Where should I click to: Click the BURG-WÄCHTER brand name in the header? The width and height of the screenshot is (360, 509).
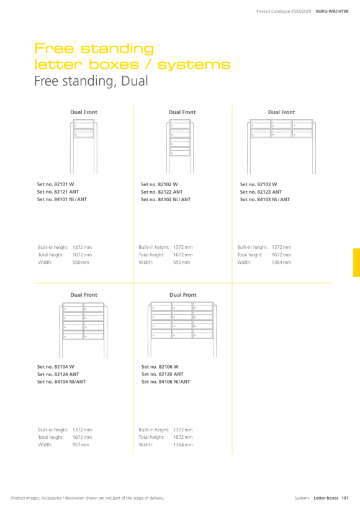click(x=332, y=11)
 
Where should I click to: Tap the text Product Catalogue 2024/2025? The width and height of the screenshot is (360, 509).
click(x=284, y=11)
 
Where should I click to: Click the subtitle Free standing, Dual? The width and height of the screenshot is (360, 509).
click(x=91, y=81)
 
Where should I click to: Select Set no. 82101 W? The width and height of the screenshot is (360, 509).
click(x=55, y=184)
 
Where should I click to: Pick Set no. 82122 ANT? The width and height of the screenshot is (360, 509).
click(x=161, y=192)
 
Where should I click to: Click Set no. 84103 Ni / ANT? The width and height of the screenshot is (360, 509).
click(x=265, y=199)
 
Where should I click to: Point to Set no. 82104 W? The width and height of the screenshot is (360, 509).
click(x=55, y=367)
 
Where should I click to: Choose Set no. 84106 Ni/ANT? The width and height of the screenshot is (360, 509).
click(x=166, y=382)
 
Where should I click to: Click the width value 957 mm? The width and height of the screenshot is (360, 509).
click(x=81, y=444)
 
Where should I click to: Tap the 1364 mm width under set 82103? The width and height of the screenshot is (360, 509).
click(x=281, y=263)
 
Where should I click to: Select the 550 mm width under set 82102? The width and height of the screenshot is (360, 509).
click(x=181, y=263)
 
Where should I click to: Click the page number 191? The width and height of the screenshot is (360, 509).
click(x=344, y=498)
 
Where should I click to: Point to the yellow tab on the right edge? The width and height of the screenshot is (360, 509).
click(x=356, y=263)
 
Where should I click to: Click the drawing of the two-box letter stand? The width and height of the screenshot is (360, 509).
click(x=84, y=146)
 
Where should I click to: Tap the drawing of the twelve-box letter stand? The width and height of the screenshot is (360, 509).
click(x=182, y=329)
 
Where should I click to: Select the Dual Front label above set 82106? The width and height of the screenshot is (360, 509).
click(x=182, y=295)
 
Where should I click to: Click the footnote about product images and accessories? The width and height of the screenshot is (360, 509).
click(x=88, y=498)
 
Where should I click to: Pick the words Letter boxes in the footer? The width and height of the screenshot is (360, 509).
click(x=326, y=498)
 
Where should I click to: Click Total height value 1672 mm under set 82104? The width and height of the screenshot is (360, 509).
click(x=82, y=437)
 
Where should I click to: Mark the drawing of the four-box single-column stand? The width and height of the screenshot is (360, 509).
click(x=180, y=146)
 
